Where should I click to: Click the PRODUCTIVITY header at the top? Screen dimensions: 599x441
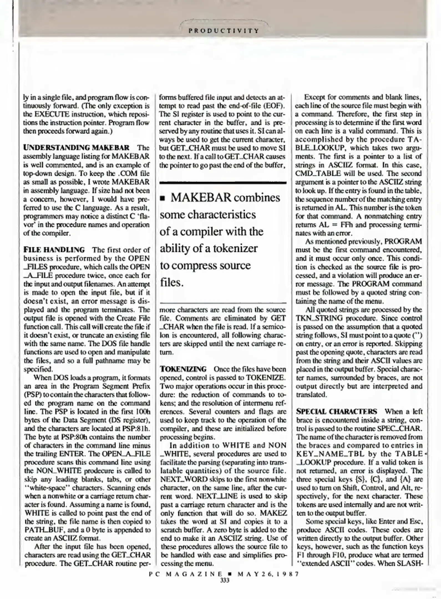[223, 31]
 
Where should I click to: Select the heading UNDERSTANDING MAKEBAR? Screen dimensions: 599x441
[76, 148]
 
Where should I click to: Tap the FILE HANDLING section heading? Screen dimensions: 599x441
[54, 250]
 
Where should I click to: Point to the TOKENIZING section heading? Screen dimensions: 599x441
[183, 369]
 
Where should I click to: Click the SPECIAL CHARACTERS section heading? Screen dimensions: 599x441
[336, 411]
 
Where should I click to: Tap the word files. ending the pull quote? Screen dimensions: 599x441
[172, 283]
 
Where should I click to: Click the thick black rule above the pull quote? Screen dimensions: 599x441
[223, 183]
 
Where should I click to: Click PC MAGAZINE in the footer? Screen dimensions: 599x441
[185, 574]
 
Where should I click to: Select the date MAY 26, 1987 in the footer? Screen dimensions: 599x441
[268, 574]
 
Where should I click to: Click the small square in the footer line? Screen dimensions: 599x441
[229, 574]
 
